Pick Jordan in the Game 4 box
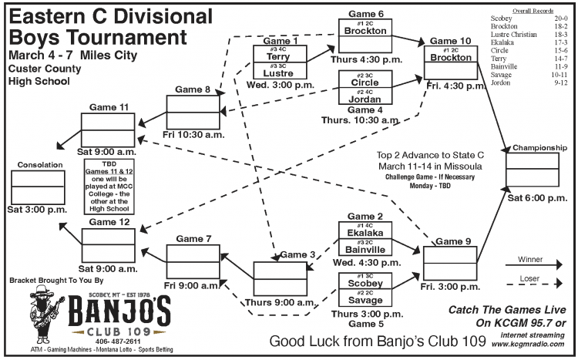(x=364, y=99)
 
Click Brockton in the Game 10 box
(x=451, y=58)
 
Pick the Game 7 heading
(x=193, y=238)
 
